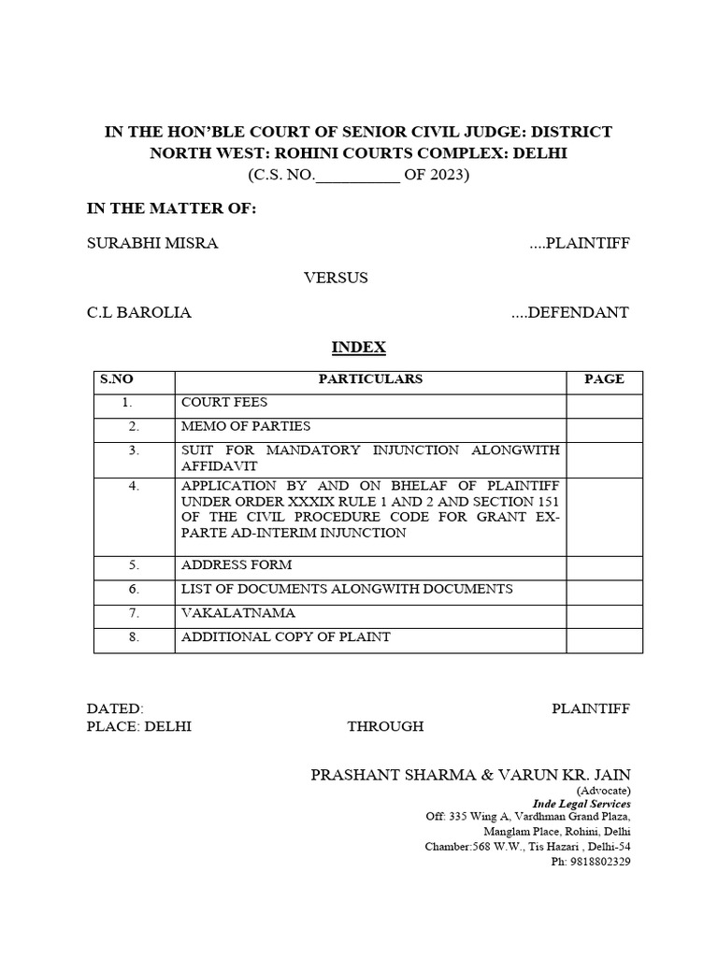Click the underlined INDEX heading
(359, 347)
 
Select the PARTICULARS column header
(370, 379)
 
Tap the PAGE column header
(604, 379)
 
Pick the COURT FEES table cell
(224, 403)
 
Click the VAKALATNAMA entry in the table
(237, 613)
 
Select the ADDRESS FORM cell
(237, 564)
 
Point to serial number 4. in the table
(134, 486)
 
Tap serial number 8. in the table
(134, 636)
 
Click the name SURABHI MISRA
(152, 244)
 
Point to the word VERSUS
(336, 278)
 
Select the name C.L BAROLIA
(139, 312)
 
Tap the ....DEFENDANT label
(569, 312)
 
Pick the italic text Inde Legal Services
(582, 804)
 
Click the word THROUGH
(385, 726)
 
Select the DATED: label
(115, 708)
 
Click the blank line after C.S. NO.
(359, 177)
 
